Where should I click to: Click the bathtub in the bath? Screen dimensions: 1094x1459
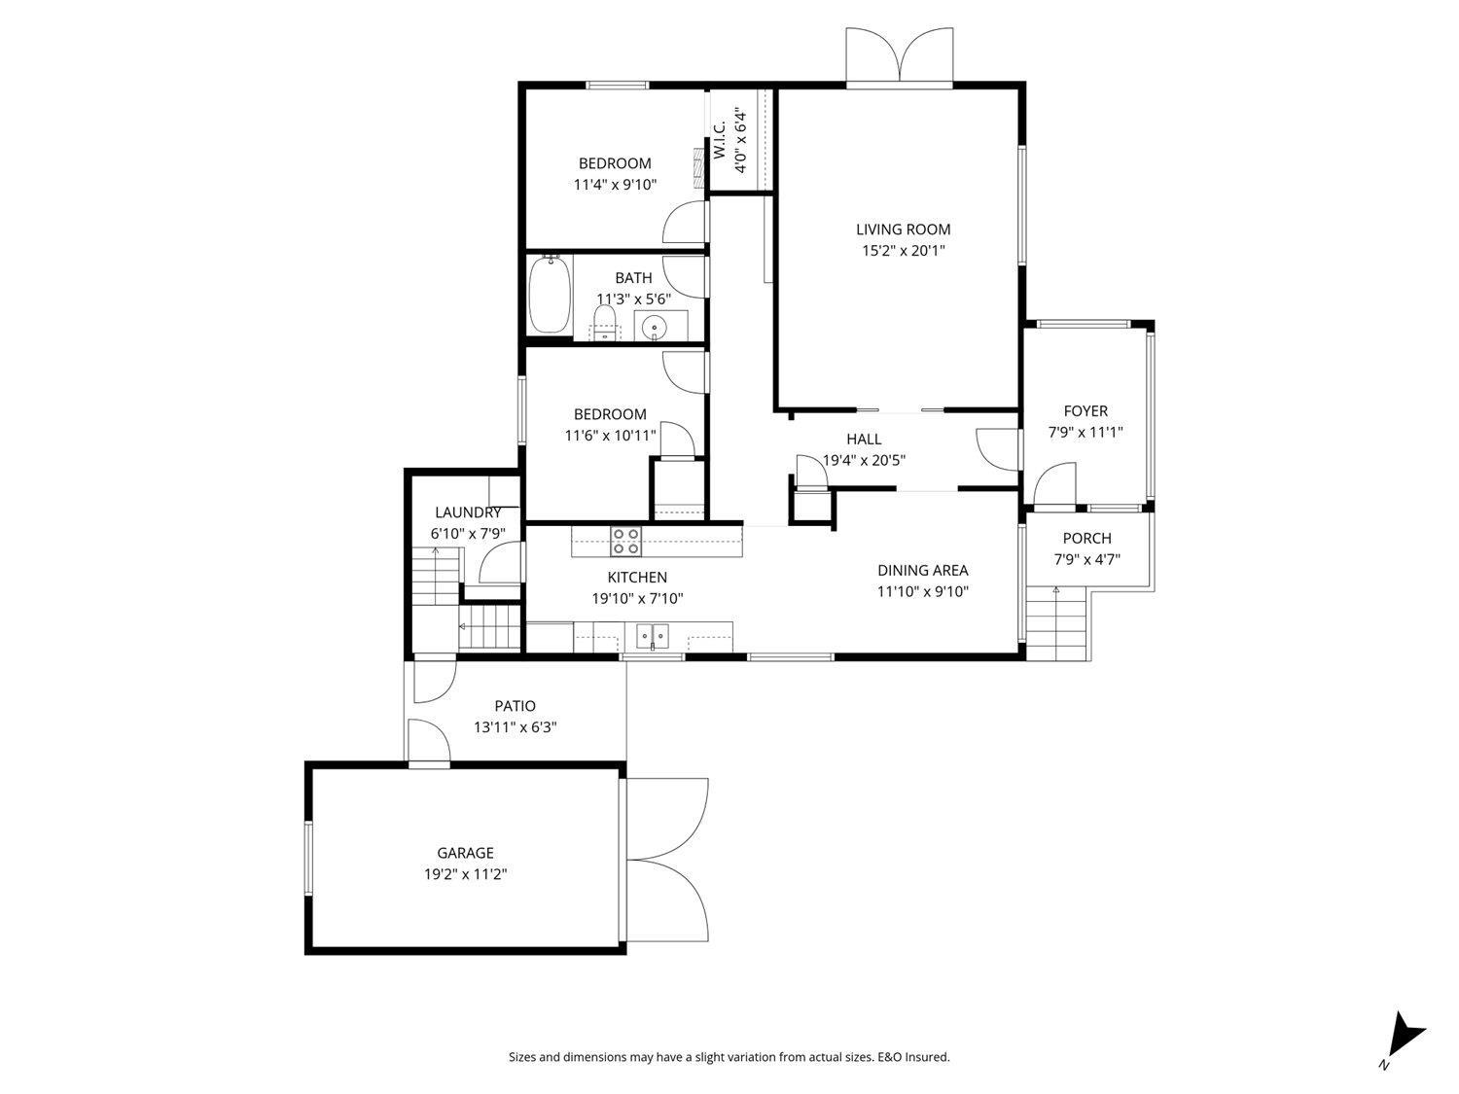(x=549, y=294)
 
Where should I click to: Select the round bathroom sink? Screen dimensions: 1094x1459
(x=654, y=328)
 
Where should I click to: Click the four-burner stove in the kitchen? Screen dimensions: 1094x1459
(x=625, y=540)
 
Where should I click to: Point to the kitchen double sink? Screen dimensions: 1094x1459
(x=653, y=637)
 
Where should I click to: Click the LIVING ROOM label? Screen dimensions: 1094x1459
(x=903, y=229)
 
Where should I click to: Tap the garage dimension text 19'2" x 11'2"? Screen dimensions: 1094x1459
(x=465, y=874)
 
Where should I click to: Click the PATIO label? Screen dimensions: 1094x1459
(x=515, y=706)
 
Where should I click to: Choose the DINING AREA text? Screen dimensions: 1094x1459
(x=922, y=571)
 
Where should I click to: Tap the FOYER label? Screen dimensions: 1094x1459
(x=1085, y=411)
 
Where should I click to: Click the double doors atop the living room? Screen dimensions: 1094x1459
(x=900, y=57)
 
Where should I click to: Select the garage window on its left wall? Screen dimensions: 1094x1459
(x=308, y=858)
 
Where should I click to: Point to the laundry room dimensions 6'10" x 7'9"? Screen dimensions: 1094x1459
(x=468, y=533)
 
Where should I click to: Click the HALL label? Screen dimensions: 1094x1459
(x=864, y=440)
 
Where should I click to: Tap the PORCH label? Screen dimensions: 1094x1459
(x=1086, y=539)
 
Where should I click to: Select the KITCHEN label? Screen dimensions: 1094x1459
(x=637, y=578)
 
